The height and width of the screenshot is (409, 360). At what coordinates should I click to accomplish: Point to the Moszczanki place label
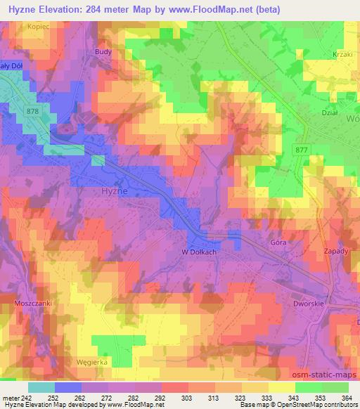(33, 302)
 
